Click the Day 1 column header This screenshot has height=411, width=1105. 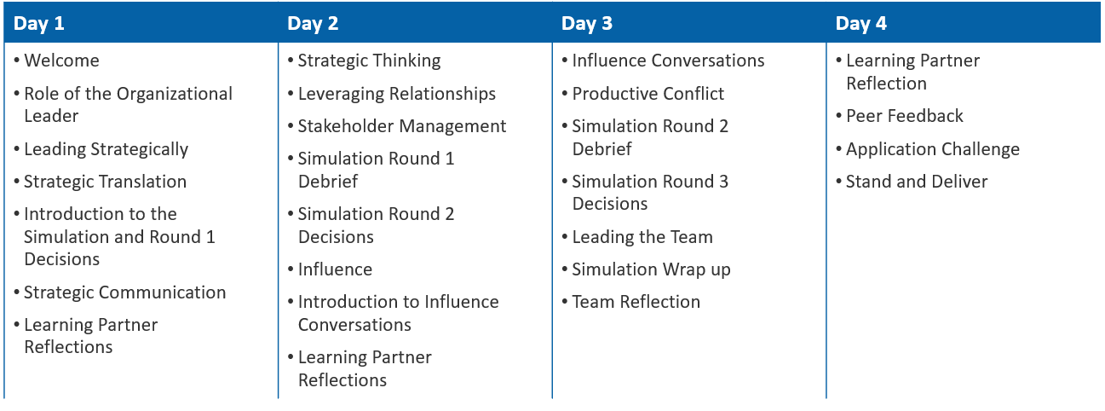[39, 24]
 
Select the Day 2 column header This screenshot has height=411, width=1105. [313, 24]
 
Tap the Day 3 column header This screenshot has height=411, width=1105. [587, 24]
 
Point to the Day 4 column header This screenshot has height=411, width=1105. [861, 24]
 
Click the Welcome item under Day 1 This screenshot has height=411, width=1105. [61, 61]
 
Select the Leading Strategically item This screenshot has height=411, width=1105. [106, 149]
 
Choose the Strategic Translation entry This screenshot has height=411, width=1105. [105, 182]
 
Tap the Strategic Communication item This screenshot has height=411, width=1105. [124, 292]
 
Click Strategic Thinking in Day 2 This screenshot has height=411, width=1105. [369, 61]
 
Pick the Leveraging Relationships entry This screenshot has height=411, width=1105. [396, 94]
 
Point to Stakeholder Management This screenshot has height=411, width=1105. [401, 126]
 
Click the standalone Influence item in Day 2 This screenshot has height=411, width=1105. [335, 269]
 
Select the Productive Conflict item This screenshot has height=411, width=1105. [647, 94]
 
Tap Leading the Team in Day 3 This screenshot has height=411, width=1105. [642, 237]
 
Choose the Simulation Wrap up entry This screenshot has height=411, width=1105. [651, 269]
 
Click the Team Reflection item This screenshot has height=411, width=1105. [636, 302]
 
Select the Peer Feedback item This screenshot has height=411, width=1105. [904, 116]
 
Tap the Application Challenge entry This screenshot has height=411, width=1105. [932, 149]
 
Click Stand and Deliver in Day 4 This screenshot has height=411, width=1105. [917, 182]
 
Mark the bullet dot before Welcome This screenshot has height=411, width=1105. [17, 61]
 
